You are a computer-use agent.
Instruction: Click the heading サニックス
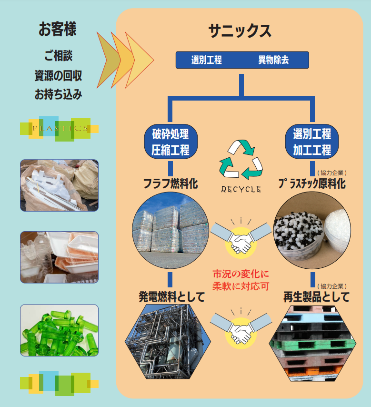pyautogui.click(x=240, y=31)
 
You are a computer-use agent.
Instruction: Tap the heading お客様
pyautogui.click(x=57, y=29)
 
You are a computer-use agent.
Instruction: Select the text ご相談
pyautogui.click(x=58, y=55)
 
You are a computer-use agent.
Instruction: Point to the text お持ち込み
pyautogui.click(x=58, y=94)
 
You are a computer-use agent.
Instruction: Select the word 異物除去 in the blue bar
pyautogui.click(x=273, y=61)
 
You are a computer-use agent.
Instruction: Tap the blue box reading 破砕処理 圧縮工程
pyautogui.click(x=170, y=142)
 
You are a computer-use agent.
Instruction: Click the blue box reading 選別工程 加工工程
pyautogui.click(x=312, y=142)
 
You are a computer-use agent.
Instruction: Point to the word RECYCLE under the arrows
pyautogui.click(x=241, y=189)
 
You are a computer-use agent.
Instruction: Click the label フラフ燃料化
pyautogui.click(x=170, y=183)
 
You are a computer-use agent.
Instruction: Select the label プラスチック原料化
pyautogui.click(x=312, y=184)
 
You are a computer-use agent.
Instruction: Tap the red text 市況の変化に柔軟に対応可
pyautogui.click(x=241, y=280)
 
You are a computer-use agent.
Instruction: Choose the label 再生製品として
pyautogui.click(x=316, y=297)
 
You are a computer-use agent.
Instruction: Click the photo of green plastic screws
pyautogui.click(x=60, y=330)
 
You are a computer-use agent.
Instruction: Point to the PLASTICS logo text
pyautogui.click(x=60, y=128)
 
